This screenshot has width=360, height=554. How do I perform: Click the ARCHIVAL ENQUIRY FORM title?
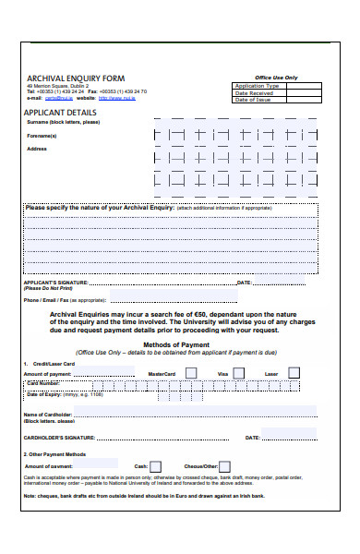tap(75, 78)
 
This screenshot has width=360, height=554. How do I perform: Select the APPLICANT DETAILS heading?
tap(62, 112)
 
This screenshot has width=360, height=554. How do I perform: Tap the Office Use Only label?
tap(276, 78)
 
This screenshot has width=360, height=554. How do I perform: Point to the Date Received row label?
tap(254, 93)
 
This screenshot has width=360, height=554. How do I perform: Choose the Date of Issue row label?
tap(254, 100)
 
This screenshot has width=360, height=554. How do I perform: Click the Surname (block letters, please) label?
tap(64, 122)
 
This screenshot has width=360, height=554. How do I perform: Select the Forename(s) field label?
tap(42, 136)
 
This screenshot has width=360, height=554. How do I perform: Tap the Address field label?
tap(37, 149)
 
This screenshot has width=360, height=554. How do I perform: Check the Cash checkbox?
tap(155, 467)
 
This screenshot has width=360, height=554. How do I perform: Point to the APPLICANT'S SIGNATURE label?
tap(55, 283)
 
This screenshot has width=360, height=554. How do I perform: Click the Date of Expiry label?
tap(44, 394)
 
